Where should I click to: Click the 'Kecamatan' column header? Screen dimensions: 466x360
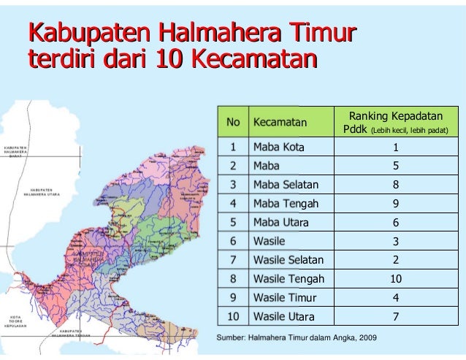tap(280, 122)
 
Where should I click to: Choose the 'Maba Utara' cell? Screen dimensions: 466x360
tap(280, 222)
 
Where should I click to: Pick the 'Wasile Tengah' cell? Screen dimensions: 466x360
tap(289, 278)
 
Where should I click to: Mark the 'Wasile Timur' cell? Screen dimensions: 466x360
tap(284, 297)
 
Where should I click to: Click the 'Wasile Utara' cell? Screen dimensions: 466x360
tap(283, 316)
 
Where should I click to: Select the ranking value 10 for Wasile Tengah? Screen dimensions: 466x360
tap(396, 278)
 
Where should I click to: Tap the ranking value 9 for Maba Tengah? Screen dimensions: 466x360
tap(396, 203)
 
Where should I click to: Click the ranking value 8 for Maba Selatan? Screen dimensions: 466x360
tap(396, 184)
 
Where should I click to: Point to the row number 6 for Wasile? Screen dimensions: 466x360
tap(233, 241)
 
